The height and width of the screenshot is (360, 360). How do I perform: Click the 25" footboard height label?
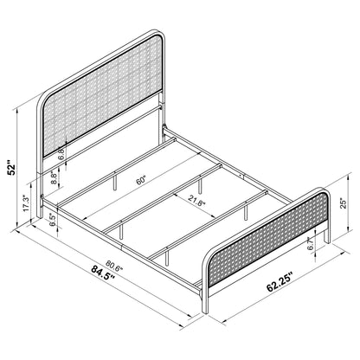tap(344, 204)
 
